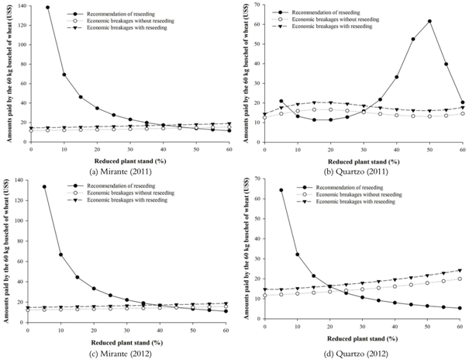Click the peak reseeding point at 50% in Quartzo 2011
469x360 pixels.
tap(429, 21)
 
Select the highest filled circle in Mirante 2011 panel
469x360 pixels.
tap(47, 8)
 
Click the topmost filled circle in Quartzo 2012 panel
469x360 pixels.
tap(280, 190)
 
